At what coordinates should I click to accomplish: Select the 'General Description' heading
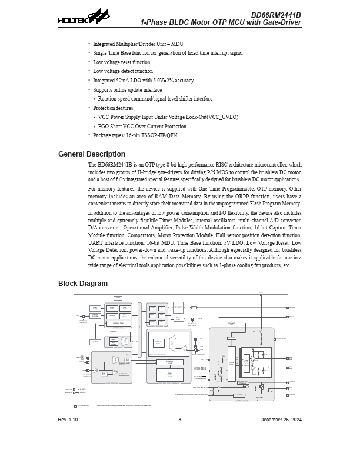coord(91,154)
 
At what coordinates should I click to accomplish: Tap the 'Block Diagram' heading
coord(82,284)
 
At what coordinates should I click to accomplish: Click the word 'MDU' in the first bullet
coord(177,44)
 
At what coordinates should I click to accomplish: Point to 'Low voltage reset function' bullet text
coord(121,62)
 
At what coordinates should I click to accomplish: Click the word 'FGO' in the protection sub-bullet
coord(104,127)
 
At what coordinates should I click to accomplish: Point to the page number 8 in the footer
coord(179,419)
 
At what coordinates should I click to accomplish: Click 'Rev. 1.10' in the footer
coord(68,419)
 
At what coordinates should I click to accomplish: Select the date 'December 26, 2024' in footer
coord(281,419)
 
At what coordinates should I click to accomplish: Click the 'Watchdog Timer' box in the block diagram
coord(118,323)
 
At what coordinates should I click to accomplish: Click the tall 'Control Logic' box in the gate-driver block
coord(231,363)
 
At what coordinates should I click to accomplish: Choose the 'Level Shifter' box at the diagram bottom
coord(239,395)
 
